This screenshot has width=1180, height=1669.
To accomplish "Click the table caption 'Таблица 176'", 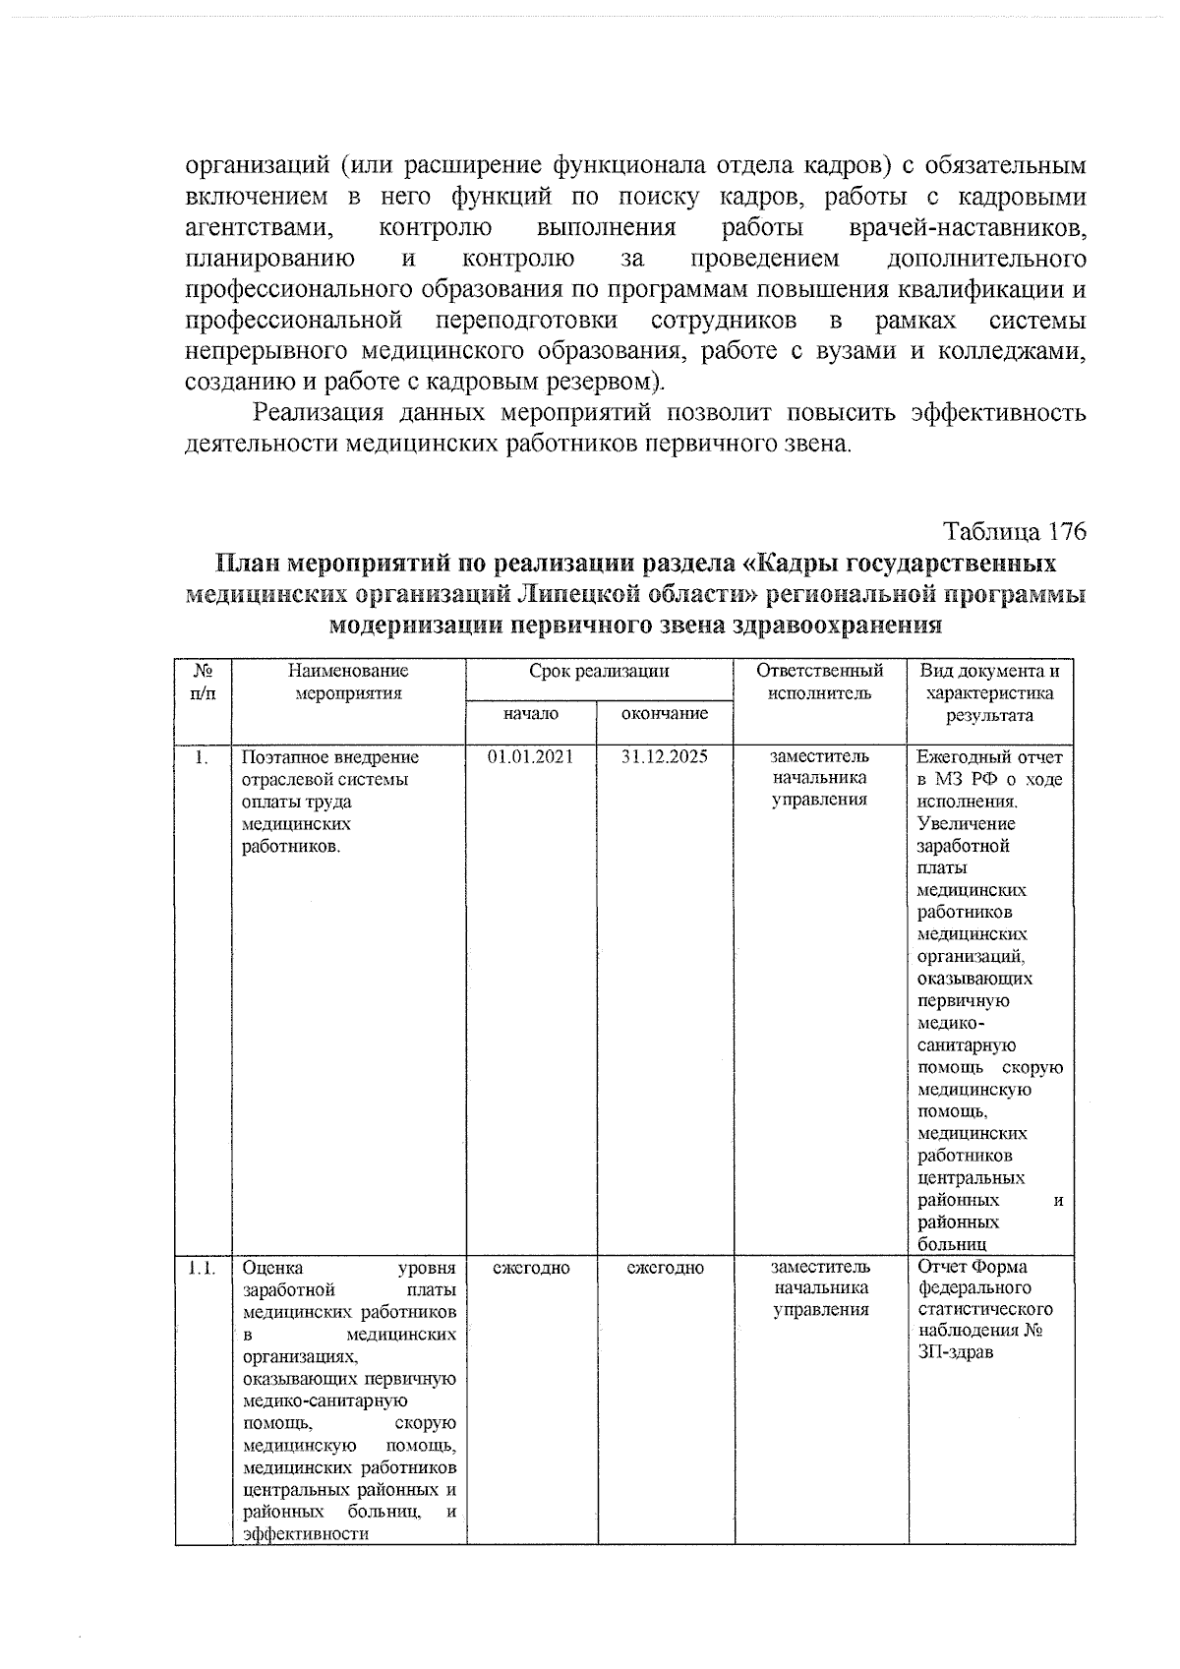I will tap(1015, 532).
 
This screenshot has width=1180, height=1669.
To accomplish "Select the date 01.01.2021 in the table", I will tap(530, 757).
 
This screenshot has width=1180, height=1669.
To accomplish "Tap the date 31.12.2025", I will tap(665, 757).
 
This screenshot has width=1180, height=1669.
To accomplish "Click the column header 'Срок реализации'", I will tap(599, 672).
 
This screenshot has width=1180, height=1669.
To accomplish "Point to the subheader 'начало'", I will tap(530, 713).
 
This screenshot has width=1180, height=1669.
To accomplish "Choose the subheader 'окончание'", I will tap(665, 713).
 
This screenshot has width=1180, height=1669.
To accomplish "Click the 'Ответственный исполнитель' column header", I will tap(819, 683).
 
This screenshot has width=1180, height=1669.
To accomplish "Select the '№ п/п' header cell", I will tap(203, 683).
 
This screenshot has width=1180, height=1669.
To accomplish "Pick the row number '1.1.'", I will tap(202, 1268).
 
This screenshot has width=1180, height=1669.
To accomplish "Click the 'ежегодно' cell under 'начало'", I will tap(531, 1268).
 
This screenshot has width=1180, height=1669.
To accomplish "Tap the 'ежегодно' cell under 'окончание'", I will tap(666, 1268).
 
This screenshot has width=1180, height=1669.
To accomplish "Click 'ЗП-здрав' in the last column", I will tap(955, 1352).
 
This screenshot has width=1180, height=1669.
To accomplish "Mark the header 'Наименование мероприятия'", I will tap(348, 683).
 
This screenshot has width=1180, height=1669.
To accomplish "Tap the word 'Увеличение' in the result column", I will tap(953, 824).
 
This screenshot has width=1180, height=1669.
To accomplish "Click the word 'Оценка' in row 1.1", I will tap(272, 1268).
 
